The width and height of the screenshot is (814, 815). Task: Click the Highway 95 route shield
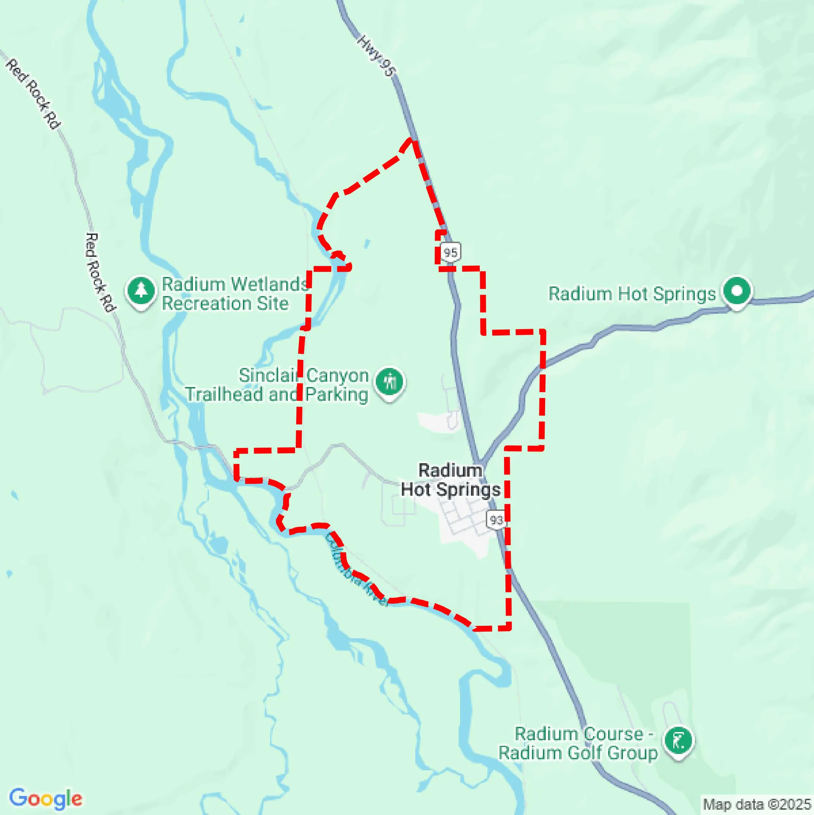450,252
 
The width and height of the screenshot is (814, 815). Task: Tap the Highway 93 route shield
496,520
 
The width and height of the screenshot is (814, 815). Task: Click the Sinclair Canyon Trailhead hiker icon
390,381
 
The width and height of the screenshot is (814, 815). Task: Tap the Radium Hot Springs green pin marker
737,291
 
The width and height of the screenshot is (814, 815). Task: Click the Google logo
45,798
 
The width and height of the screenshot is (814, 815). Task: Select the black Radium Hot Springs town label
450,480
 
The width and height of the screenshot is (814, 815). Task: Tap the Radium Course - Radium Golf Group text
579,743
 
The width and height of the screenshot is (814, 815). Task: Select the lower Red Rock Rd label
99,272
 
